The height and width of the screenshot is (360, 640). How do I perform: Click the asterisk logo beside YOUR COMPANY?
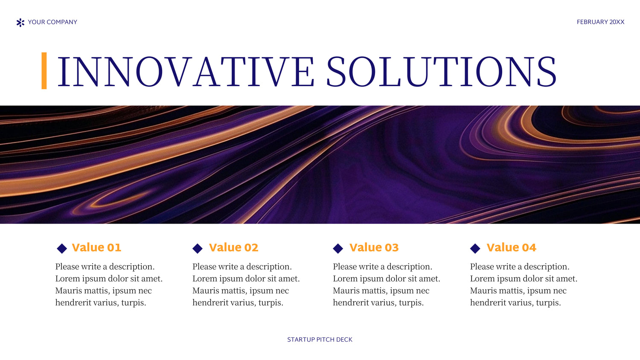[x=20, y=23]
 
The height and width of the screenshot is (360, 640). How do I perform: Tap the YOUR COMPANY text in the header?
[x=52, y=22]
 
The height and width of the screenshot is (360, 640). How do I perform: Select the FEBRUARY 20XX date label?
[x=601, y=22]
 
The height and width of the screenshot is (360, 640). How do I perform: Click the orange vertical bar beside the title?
[x=44, y=70]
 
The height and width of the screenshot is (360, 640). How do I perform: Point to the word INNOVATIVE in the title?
[x=186, y=71]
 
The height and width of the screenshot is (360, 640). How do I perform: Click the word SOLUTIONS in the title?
[x=442, y=71]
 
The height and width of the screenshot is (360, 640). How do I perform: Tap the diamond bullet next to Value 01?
[x=62, y=248]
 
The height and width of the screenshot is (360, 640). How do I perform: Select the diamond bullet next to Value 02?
[x=198, y=248]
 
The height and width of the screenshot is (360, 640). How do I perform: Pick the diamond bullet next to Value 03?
[x=338, y=248]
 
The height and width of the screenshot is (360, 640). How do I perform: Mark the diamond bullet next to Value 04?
[x=475, y=248]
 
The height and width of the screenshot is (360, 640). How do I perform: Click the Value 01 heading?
[x=96, y=247]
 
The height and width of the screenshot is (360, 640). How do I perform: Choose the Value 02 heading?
[x=234, y=247]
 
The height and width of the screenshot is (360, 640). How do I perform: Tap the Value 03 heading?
[x=374, y=247]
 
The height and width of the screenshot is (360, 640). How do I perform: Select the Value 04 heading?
[x=512, y=247]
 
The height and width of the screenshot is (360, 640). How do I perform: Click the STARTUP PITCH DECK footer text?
[x=320, y=340]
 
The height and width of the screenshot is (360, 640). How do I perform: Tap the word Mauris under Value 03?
[x=346, y=290]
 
